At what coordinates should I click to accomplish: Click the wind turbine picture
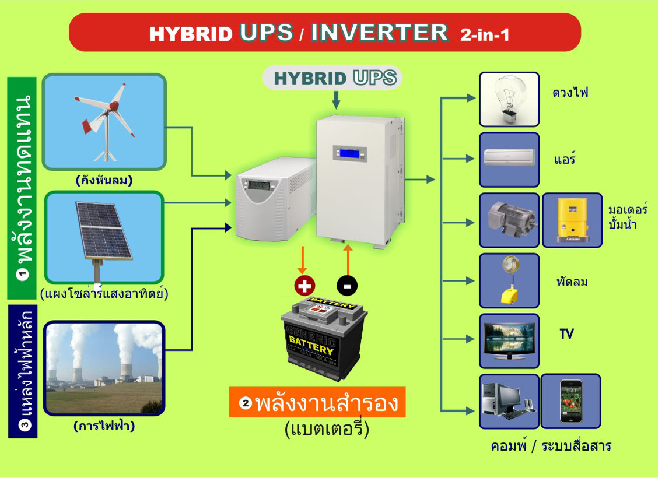pyautogui.click(x=104, y=122)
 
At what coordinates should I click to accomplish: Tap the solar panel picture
pyautogui.click(x=104, y=237)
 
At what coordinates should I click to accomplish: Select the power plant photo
pyautogui.click(x=104, y=368)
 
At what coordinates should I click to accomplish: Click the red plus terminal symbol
pyautogui.click(x=304, y=286)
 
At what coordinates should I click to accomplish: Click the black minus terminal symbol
pyautogui.click(x=347, y=286)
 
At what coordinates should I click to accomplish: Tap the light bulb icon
pyautogui.click(x=509, y=99)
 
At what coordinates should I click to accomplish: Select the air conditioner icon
pyautogui.click(x=509, y=160)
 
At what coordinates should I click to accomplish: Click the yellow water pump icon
pyautogui.click(x=572, y=220)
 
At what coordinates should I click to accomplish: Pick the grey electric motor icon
pyautogui.click(x=509, y=220)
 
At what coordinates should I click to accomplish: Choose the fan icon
pyautogui.click(x=509, y=280)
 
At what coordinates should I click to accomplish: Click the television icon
pyautogui.click(x=509, y=341)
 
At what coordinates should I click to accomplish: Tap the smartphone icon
pyautogui.click(x=570, y=401)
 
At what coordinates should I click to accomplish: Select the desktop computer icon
pyautogui.click(x=509, y=401)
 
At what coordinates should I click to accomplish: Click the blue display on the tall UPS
pyautogui.click(x=349, y=153)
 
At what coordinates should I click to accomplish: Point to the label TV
pyautogui.click(x=566, y=334)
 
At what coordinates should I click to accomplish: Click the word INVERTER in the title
pyautogui.click(x=380, y=33)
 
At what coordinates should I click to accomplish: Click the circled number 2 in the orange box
pyautogui.click(x=245, y=403)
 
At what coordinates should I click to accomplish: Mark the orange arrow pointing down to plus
pyautogui.click(x=302, y=261)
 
